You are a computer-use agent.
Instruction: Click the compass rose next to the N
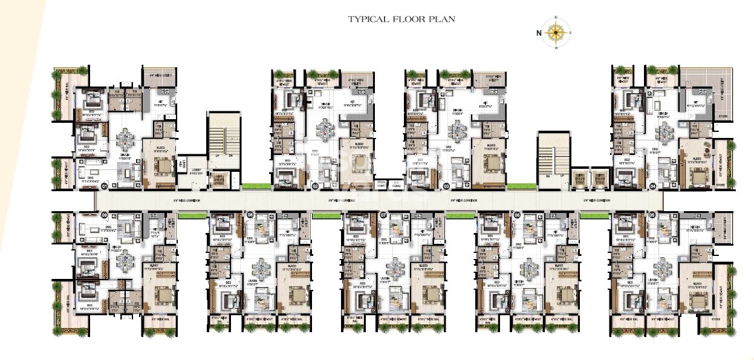pos(556,33)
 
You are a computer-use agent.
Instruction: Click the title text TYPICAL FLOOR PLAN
pos(401,19)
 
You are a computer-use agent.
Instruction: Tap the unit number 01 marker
pos(104,186)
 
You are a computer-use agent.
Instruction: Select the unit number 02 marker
pos(315,186)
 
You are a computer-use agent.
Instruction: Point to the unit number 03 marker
pos(446,186)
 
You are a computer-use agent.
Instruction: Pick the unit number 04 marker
pos(652,186)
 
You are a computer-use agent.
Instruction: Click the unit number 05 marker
pos(652,214)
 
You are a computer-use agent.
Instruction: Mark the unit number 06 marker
pos(517,214)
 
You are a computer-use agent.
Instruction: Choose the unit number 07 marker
pos(383,214)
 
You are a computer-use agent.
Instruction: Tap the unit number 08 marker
pos(250,214)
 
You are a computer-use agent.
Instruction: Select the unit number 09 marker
pos(104,214)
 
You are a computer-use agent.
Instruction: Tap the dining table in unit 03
pos(458,129)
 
